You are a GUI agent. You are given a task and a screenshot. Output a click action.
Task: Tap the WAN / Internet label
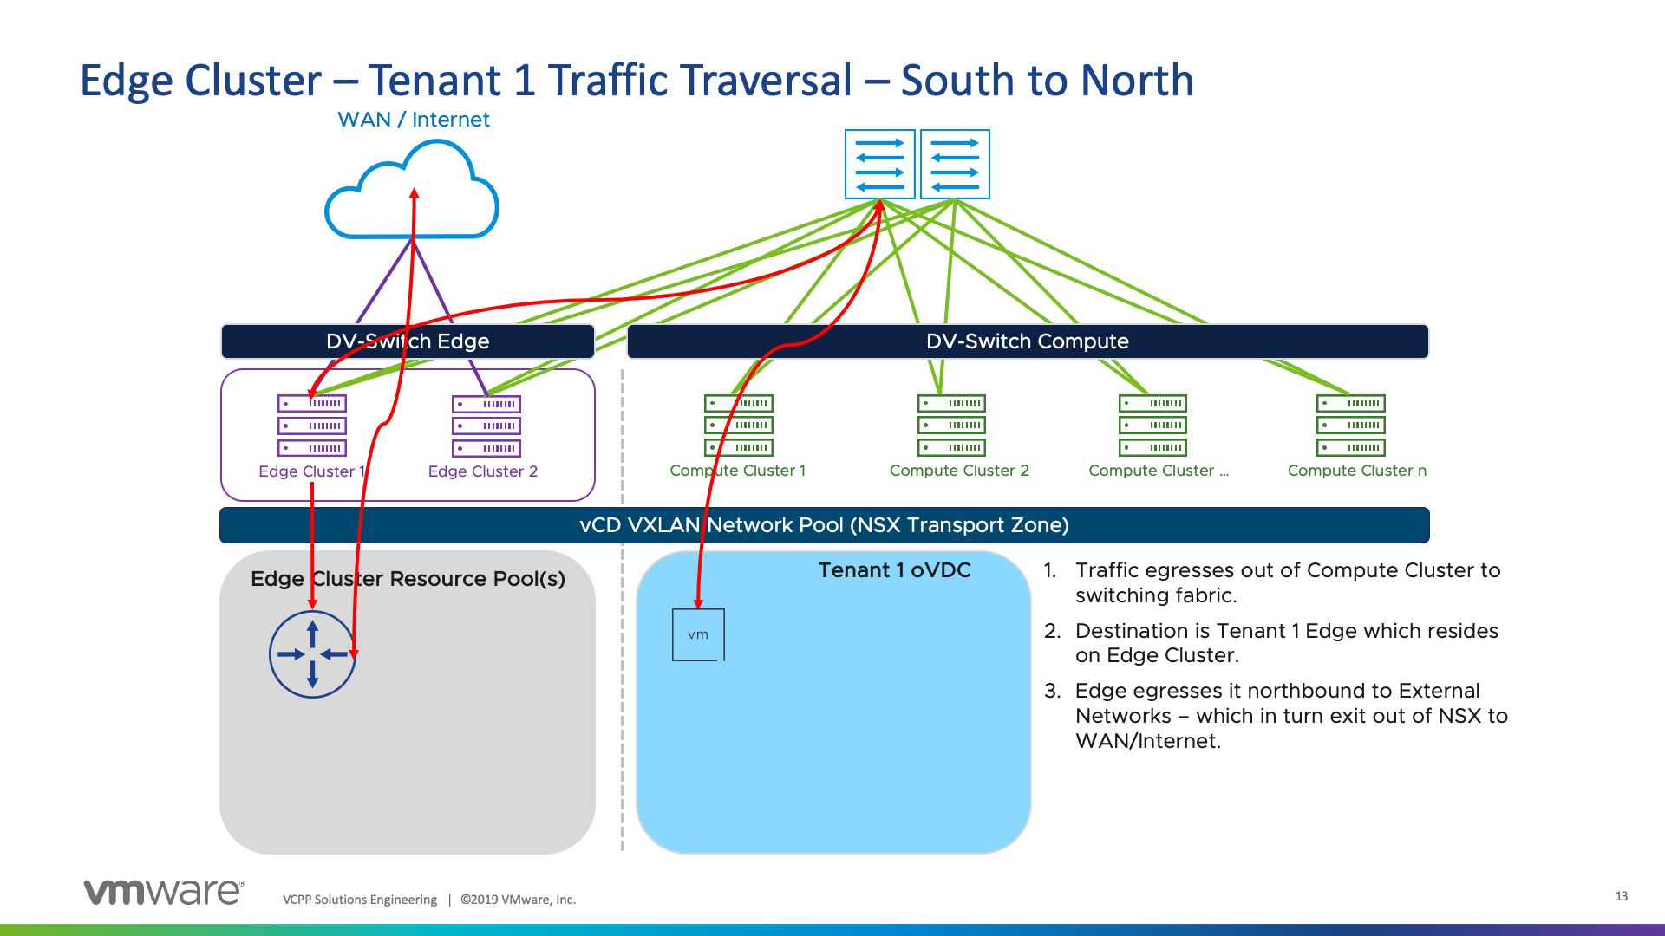tap(413, 120)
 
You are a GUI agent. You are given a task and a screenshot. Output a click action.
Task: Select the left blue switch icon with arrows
tap(879, 165)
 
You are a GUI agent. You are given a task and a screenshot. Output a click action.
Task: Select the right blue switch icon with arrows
tap(955, 165)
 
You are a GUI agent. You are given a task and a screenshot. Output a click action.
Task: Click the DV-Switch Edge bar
tap(408, 341)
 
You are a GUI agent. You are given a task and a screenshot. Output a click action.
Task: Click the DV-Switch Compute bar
tap(1027, 341)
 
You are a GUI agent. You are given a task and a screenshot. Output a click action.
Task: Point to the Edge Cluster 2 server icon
tap(486, 426)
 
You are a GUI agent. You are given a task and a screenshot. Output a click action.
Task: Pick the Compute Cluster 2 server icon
tap(951, 426)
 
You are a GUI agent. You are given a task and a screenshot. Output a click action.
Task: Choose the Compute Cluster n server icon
tap(1350, 426)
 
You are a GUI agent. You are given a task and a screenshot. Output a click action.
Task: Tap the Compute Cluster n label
tap(1356, 471)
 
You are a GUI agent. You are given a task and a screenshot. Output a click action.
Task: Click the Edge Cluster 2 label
tap(482, 471)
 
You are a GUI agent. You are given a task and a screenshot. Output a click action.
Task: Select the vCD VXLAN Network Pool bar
tap(824, 525)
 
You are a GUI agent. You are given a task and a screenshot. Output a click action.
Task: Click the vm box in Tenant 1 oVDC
tap(698, 635)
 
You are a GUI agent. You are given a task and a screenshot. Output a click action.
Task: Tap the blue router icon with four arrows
tap(312, 654)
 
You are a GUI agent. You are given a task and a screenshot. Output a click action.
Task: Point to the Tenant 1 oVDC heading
tap(894, 570)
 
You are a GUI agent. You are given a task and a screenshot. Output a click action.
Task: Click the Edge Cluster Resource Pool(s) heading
tap(408, 579)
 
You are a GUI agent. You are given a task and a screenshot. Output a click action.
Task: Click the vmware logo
tap(164, 892)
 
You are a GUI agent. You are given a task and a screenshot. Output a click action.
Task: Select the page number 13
tap(1621, 896)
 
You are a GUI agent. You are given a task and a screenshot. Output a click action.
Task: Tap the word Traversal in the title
tap(700, 81)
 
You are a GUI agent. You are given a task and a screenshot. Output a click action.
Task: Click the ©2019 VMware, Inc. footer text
tap(518, 900)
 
